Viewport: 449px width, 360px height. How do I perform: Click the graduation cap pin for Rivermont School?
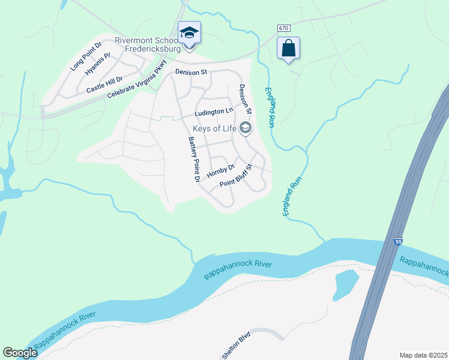pyautogui.click(x=189, y=33)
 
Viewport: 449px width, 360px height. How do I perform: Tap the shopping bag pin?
pyautogui.click(x=289, y=48)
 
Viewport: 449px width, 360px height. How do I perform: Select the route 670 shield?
pyautogui.click(x=283, y=29)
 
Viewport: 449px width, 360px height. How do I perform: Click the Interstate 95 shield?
pyautogui.click(x=398, y=242)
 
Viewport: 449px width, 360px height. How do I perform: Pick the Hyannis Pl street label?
pyautogui.click(x=98, y=64)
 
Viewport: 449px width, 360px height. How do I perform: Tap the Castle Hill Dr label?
pyautogui.click(x=104, y=85)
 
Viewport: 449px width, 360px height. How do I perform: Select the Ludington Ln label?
pyautogui.click(x=213, y=112)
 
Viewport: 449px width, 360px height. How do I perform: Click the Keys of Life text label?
pyautogui.click(x=214, y=128)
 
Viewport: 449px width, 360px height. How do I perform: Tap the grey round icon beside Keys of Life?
pyautogui.click(x=245, y=127)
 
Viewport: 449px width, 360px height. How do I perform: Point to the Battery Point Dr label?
pyautogui.click(x=193, y=159)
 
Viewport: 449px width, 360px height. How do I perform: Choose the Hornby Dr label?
pyautogui.click(x=219, y=172)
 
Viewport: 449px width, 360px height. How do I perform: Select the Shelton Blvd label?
pyautogui.click(x=235, y=347)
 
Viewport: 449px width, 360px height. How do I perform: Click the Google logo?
pyautogui.click(x=20, y=353)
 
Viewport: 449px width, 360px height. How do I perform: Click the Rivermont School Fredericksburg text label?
pyautogui.click(x=147, y=46)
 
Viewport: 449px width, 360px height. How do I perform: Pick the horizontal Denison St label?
pyautogui.click(x=191, y=72)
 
